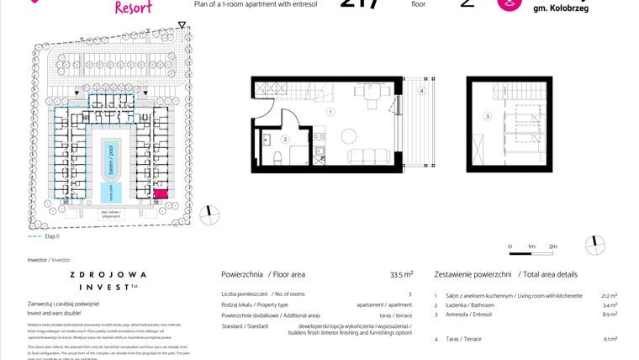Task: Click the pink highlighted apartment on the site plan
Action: tap(161, 194)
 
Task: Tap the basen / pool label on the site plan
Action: tap(107, 157)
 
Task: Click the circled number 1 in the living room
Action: tap(331, 112)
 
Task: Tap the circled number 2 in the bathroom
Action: tap(285, 139)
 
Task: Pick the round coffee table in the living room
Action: tap(349, 136)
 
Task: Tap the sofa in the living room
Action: tap(368, 156)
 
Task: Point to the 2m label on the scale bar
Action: tap(552, 246)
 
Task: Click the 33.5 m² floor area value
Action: tap(402, 274)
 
